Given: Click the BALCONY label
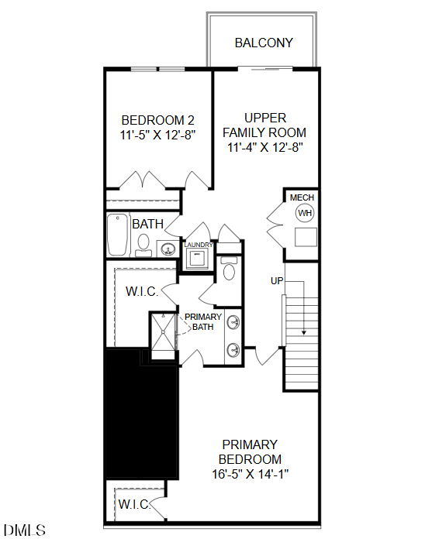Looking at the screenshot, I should click(264, 43).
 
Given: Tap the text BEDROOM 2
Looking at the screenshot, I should click(158, 120).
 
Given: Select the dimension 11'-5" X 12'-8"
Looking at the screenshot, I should click(158, 134).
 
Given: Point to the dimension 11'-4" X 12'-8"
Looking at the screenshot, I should click(264, 146).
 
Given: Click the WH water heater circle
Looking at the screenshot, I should click(305, 214).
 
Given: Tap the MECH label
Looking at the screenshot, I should click(302, 198).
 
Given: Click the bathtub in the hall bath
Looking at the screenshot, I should click(118, 235).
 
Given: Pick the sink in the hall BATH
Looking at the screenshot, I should click(168, 249).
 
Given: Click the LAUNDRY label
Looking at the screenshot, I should click(198, 245).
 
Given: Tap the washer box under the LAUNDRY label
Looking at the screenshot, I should click(198, 259).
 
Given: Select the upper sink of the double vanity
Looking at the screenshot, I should click(232, 324).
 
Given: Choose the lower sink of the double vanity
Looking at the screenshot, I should click(232, 350).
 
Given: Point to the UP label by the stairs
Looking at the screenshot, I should click(277, 280).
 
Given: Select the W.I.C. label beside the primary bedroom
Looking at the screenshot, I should click(133, 505).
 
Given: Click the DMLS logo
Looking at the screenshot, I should click(25, 531).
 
